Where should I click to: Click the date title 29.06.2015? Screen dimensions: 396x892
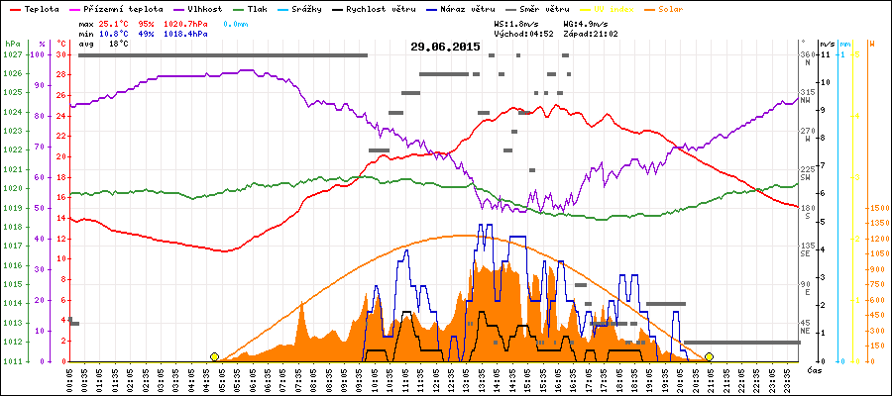pyautogui.click(x=445, y=47)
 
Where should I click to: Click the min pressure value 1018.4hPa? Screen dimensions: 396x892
pyautogui.click(x=183, y=33)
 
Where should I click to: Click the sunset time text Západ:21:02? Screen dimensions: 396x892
pyautogui.click(x=591, y=33)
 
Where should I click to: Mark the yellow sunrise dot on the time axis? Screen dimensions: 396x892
pyautogui.click(x=215, y=356)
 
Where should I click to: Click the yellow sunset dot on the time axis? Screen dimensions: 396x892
pyautogui.click(x=709, y=356)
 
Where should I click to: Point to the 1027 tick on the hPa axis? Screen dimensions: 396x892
pyautogui.click(x=13, y=54)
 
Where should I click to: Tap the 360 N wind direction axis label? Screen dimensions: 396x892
pyautogui.click(x=808, y=57)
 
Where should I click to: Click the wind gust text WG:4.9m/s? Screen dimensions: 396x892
pyautogui.click(x=585, y=22)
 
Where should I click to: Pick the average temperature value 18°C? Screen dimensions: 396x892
pyautogui.click(x=119, y=44)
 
